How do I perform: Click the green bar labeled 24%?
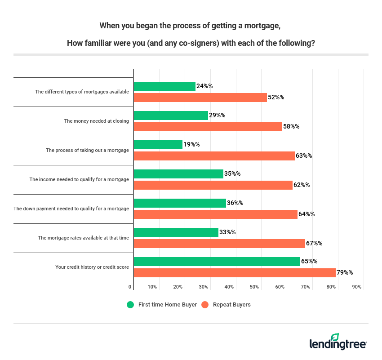[x=164, y=86]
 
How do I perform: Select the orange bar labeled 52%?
[x=200, y=98]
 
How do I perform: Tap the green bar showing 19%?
[x=158, y=145]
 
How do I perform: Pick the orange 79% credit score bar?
[x=235, y=273]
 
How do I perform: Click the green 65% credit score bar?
[x=217, y=262]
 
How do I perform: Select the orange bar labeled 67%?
[x=219, y=244]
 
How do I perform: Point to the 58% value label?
[x=291, y=127]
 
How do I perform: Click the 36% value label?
[x=235, y=203]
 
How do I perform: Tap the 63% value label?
[x=304, y=156]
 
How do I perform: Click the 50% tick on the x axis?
[x=254, y=287]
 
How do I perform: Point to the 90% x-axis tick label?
[x=357, y=287]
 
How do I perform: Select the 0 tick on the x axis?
[x=130, y=287]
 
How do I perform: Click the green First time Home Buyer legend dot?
[x=130, y=305]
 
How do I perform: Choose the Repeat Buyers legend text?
[x=231, y=305]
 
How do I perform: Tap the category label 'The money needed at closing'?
[x=96, y=121]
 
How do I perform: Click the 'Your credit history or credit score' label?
[x=92, y=267]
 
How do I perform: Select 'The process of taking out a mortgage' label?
[x=87, y=150]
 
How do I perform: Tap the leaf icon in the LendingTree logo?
[x=335, y=338]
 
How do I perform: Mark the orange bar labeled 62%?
[x=213, y=185]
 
